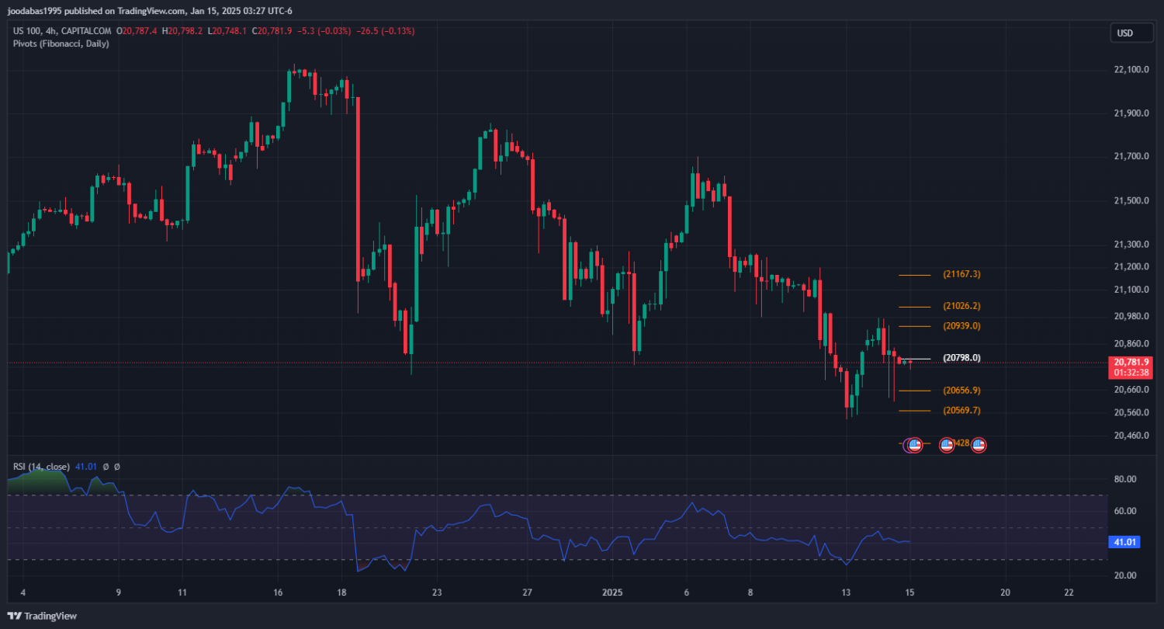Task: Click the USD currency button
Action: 1124,33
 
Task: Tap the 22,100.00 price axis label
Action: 1131,70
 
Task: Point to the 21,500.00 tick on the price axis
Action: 1131,201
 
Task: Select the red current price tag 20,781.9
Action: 1130,362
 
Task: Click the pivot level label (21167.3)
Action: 961,274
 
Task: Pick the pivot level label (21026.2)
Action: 961,306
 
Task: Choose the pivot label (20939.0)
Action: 961,326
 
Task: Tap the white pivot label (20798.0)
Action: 961,358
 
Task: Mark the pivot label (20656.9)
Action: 961,391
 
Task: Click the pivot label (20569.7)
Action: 961,411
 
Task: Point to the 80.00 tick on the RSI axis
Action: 1125,479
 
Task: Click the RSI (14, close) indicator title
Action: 40,467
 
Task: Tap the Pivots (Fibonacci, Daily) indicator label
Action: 61,43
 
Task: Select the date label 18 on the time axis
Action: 342,593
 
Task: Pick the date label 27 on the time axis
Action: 527,593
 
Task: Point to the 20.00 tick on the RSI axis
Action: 1125,575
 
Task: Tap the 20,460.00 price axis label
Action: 1131,436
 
